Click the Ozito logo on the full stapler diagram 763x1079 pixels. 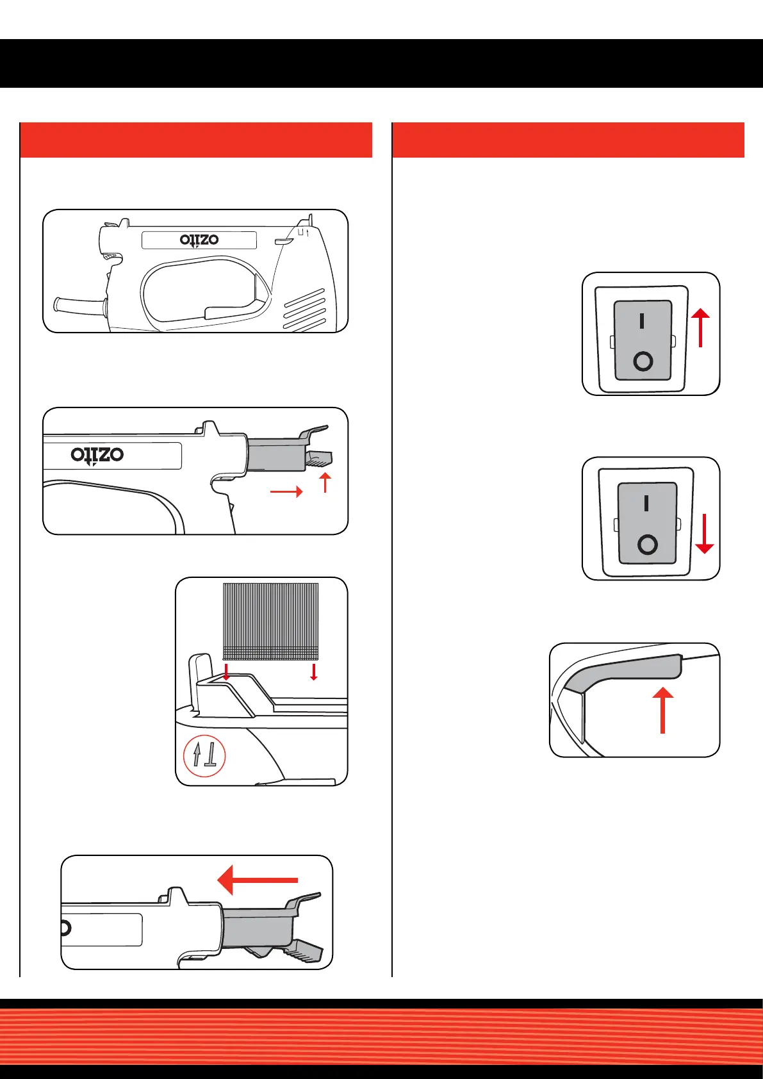(x=199, y=240)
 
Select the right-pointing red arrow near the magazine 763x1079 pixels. (x=286, y=492)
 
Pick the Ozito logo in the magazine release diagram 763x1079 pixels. (x=97, y=455)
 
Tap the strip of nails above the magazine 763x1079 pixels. (x=270, y=621)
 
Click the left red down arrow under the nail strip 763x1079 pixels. (x=226, y=671)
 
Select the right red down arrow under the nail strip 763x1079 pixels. (x=313, y=671)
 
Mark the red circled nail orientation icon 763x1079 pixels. (x=204, y=756)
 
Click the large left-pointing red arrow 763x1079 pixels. (x=257, y=880)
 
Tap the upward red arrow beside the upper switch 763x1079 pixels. (x=701, y=327)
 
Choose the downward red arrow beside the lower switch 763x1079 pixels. (x=705, y=532)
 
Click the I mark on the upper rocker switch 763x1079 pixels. (x=642, y=320)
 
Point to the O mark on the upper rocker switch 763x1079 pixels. (x=643, y=361)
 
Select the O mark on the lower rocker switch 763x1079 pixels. (x=648, y=545)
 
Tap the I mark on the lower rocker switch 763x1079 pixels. (x=646, y=504)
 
